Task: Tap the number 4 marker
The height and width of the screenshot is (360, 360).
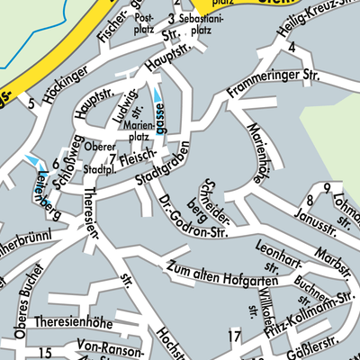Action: (x=292, y=47)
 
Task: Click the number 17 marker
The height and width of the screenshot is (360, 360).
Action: (x=234, y=337)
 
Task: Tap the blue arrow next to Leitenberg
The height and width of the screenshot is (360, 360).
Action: (x=33, y=160)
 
